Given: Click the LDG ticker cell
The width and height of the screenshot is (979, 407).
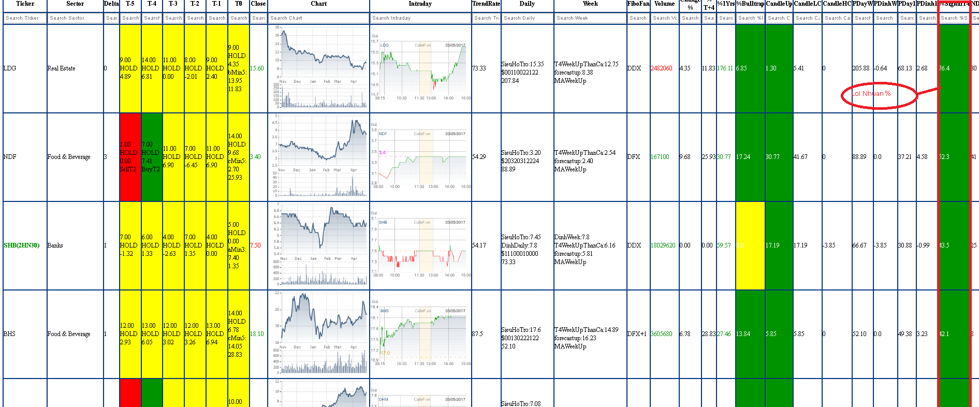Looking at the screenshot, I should [10, 68].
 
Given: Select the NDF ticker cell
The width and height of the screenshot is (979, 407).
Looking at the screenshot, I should [10, 157].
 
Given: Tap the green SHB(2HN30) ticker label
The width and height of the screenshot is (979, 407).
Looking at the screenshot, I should [22, 245].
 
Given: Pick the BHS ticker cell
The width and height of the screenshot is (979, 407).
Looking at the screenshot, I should [9, 334].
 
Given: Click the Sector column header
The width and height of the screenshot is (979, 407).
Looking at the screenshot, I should [75, 4].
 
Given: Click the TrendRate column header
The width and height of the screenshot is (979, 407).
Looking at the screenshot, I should [486, 4].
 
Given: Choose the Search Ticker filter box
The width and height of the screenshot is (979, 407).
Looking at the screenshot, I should [24, 18].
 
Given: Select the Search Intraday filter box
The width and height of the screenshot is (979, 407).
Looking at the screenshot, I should [420, 18].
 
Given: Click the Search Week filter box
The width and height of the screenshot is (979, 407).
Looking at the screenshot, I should [590, 18].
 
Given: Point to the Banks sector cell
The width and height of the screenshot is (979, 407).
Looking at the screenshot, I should [55, 245].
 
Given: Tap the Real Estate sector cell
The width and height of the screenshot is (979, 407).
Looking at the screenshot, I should [61, 68].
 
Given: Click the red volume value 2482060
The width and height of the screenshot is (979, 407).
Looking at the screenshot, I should [662, 68].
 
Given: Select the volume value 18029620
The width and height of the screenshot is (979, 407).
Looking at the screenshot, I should [663, 245].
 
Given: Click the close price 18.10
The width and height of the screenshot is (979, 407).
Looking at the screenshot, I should [257, 334].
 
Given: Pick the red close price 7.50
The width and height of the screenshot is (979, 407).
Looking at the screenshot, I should [255, 245].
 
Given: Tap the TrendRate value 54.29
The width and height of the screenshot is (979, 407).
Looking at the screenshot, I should [479, 157].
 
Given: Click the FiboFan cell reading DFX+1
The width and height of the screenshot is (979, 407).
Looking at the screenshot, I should [638, 334].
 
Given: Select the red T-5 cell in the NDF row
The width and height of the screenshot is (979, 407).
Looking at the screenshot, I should [130, 157].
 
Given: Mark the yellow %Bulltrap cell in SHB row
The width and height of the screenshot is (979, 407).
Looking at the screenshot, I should [750, 245].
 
